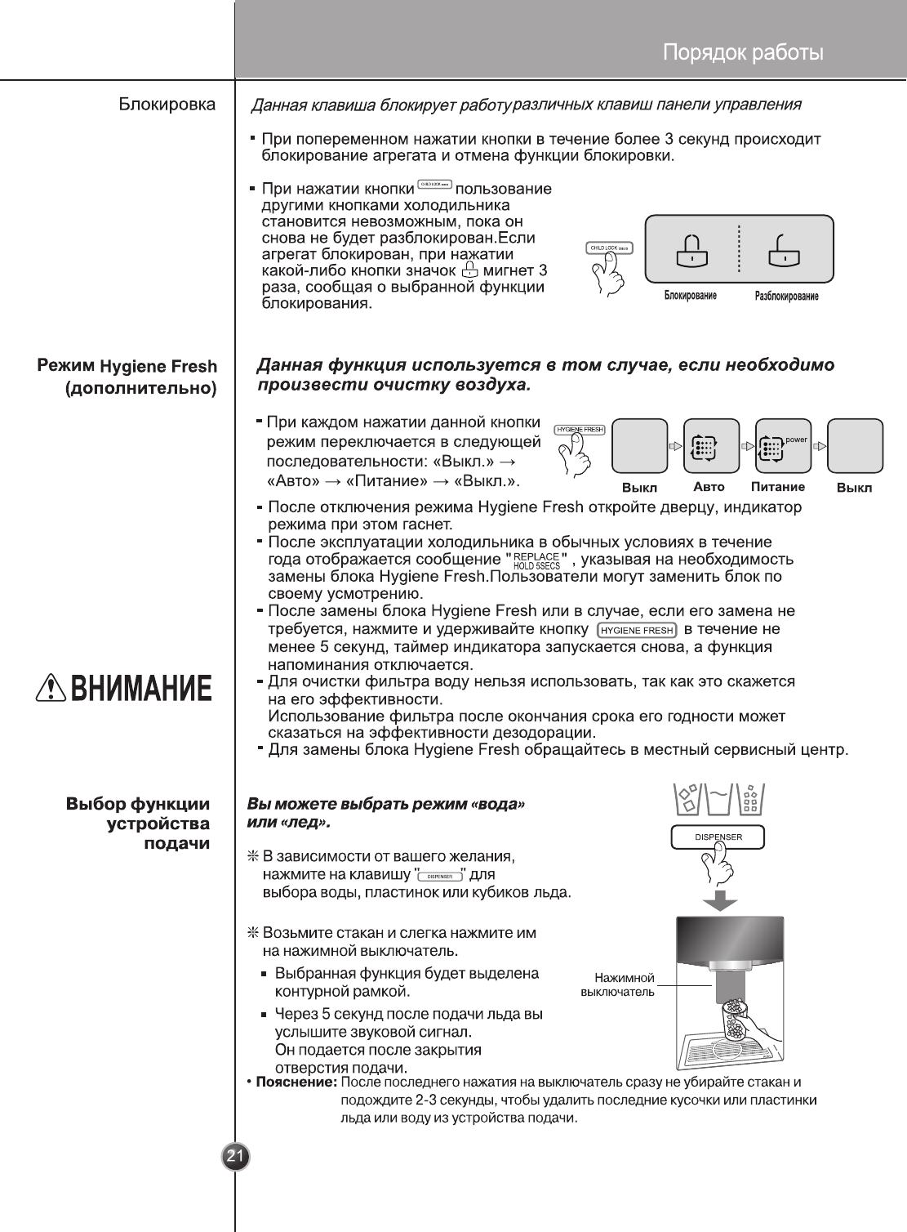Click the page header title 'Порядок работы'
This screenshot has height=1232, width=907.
(x=742, y=53)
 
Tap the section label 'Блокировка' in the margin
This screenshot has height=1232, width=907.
(x=167, y=105)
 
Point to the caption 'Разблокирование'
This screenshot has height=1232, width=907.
(x=786, y=296)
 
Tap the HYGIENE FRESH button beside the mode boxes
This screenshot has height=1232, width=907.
(x=580, y=430)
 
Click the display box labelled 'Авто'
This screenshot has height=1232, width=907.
(x=711, y=446)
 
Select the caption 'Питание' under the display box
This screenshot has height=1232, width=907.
(x=777, y=487)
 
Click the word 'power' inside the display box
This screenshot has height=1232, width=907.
(x=796, y=440)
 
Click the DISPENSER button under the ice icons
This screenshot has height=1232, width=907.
(x=718, y=837)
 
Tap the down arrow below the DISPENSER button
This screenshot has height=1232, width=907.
(x=720, y=900)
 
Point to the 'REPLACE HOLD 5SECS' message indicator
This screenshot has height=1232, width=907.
(x=536, y=560)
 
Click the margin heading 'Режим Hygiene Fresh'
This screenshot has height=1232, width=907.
(x=127, y=366)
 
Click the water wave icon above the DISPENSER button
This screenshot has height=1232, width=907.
(x=718, y=797)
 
